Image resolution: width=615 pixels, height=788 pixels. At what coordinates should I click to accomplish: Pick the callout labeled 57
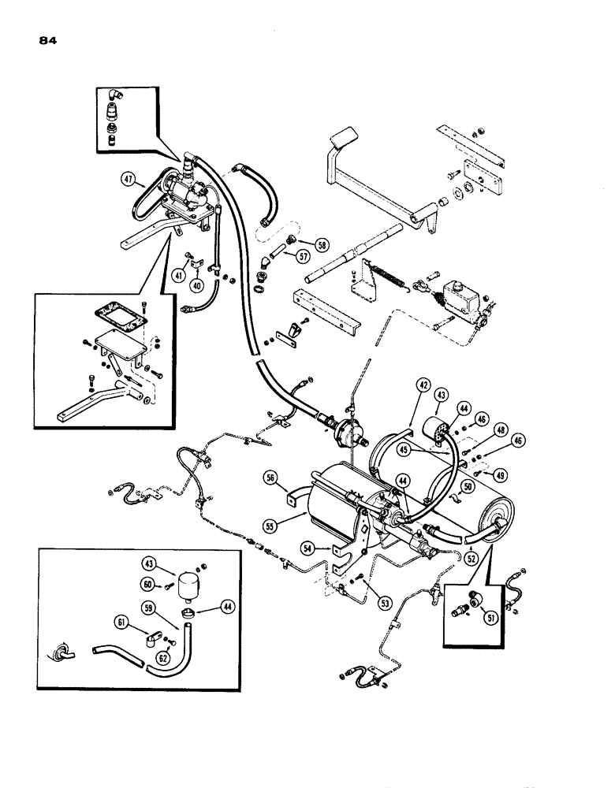(302, 256)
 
